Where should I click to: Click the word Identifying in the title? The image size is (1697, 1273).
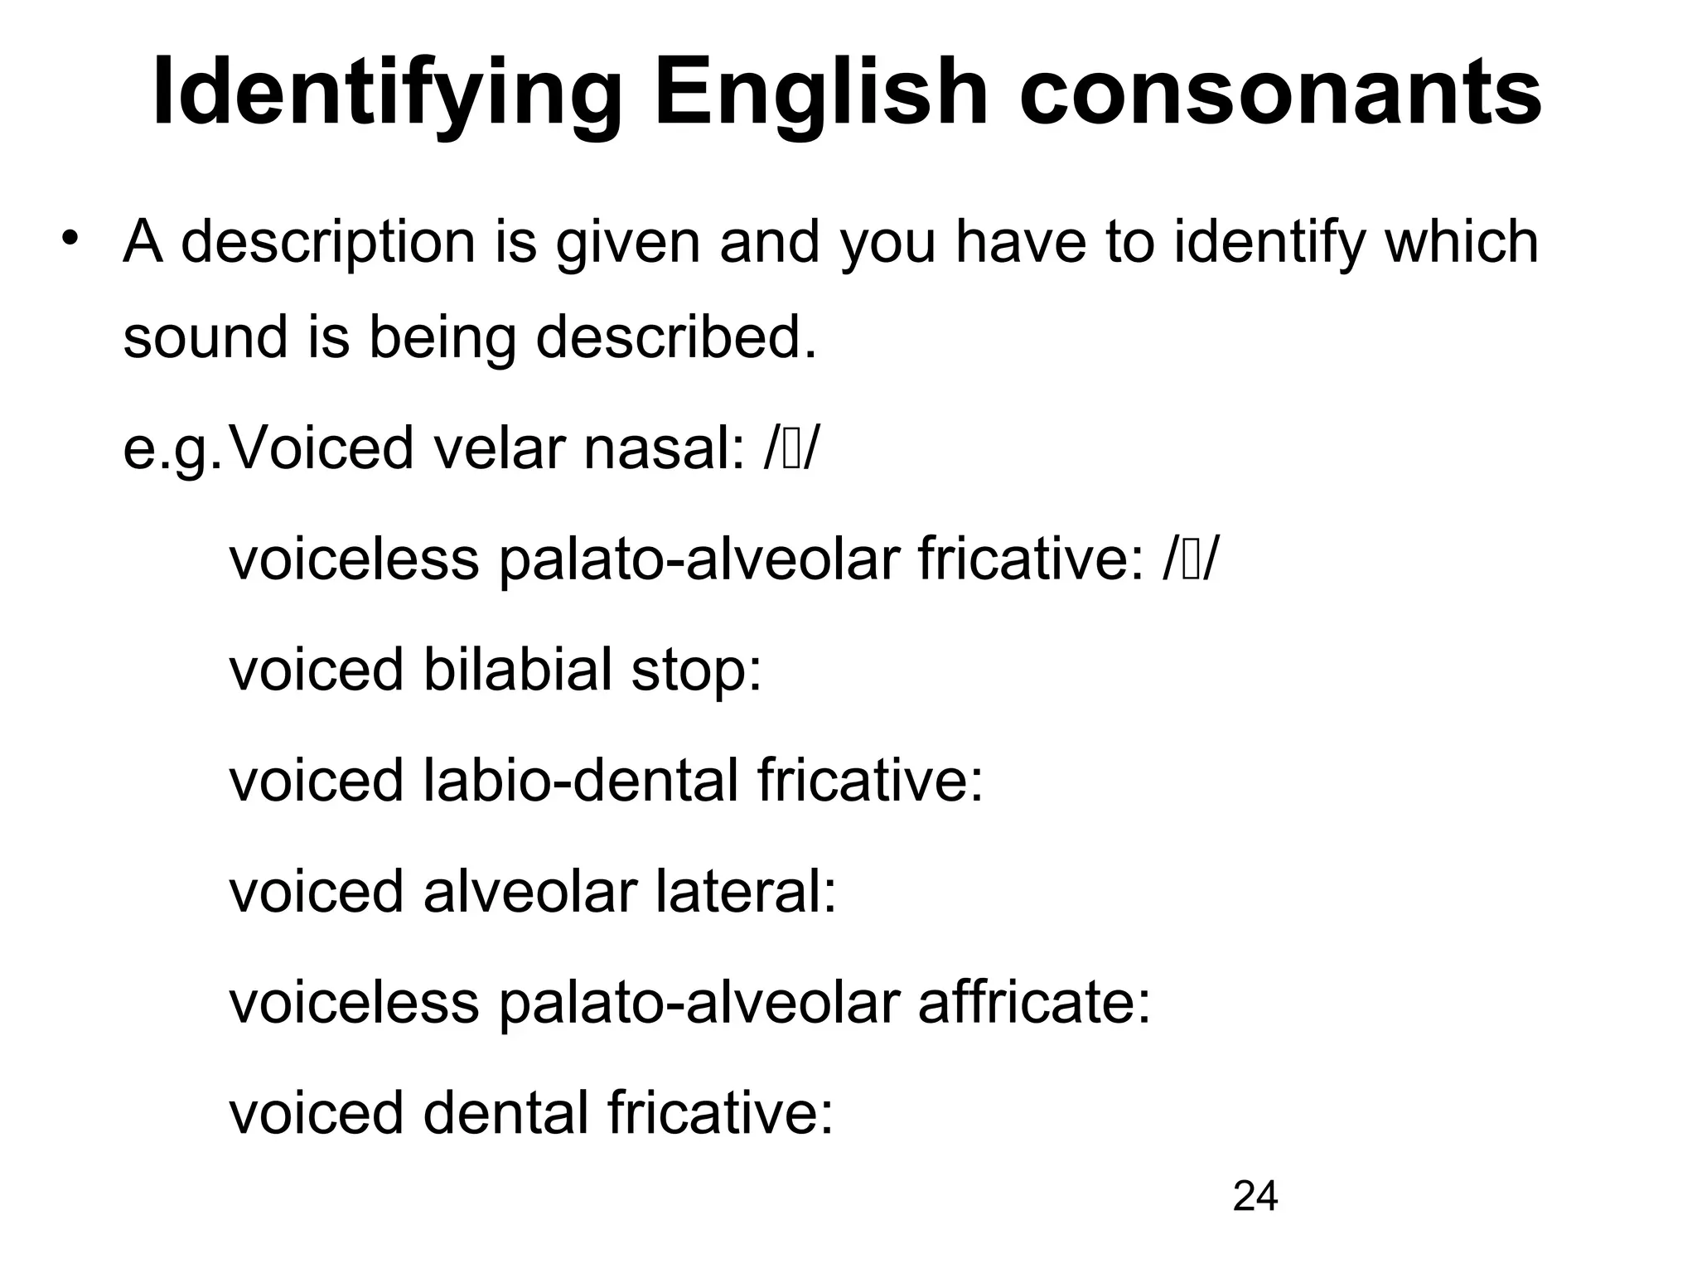[x=386, y=93]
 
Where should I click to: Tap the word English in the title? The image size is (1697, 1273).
[x=820, y=93]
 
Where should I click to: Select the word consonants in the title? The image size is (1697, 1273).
[x=1279, y=93]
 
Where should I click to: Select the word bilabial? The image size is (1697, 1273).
[x=517, y=670]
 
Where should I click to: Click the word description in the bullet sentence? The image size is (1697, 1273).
[x=328, y=243]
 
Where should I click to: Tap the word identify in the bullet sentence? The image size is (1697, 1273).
[x=1268, y=243]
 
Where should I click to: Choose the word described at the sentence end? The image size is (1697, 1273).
[x=676, y=338]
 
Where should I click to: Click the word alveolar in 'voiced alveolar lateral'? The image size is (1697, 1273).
[x=530, y=892]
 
